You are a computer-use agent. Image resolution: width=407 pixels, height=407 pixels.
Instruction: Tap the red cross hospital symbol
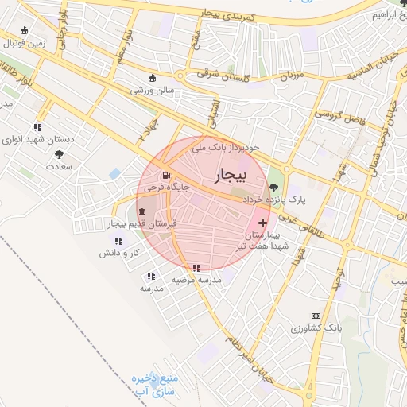click(x=263, y=223)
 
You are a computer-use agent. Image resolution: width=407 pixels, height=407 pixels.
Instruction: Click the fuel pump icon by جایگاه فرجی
click(x=165, y=176)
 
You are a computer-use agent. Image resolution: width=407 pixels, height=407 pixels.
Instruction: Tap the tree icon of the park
click(x=274, y=188)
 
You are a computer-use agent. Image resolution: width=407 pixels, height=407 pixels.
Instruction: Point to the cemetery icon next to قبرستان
click(x=142, y=211)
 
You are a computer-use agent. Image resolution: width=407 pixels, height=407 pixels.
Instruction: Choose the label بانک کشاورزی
click(x=316, y=328)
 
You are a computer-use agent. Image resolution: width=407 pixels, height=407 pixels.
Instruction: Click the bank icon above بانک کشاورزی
click(x=316, y=316)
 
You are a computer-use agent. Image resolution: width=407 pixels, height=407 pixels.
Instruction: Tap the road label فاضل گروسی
click(x=336, y=114)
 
